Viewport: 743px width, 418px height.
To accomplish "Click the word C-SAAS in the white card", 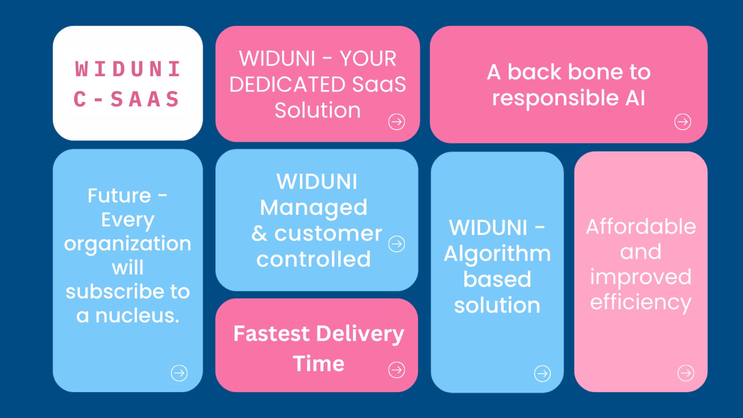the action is (127, 99).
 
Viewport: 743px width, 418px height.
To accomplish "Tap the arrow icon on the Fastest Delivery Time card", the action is (397, 370).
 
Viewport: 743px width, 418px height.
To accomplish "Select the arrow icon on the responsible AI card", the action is (683, 122).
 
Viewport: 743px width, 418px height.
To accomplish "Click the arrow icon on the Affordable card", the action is (685, 373).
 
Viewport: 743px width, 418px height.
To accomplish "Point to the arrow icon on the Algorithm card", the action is (542, 373).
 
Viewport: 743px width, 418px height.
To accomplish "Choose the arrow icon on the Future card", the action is (179, 373).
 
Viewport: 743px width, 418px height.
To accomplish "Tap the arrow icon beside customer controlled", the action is (397, 244).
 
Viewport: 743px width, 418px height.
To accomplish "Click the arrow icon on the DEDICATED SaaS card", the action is (397, 122).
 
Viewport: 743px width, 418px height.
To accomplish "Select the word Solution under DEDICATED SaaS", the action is (318, 110).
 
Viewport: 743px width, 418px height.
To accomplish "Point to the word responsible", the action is (555, 99).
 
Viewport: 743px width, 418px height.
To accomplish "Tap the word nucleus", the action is (137, 315).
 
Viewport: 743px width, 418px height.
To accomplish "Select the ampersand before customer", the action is (259, 234).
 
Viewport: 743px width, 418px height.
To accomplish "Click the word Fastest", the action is (271, 333).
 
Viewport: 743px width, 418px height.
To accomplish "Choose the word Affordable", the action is (641, 227).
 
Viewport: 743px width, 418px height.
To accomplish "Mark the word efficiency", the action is (641, 303).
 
